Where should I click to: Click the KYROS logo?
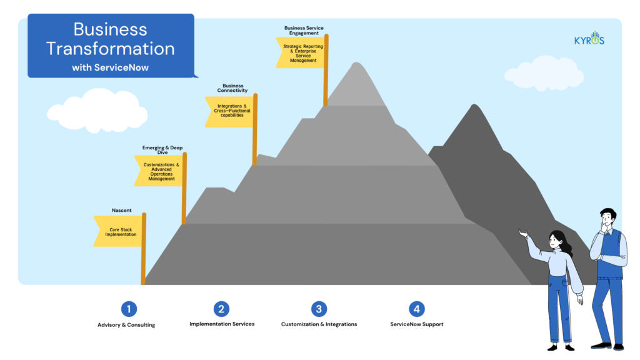(589, 38)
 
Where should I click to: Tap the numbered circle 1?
(129, 309)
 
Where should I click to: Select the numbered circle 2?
(221, 309)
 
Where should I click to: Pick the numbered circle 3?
(319, 309)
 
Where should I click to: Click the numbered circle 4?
(416, 309)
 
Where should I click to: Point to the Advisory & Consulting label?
(126, 325)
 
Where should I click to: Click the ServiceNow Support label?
(417, 324)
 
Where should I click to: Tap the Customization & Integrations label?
(319, 324)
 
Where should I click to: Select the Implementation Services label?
(222, 324)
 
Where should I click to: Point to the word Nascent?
(122, 210)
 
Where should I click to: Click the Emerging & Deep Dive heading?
(162, 150)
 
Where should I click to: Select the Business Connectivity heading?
(232, 87)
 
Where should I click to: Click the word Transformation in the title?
(110, 49)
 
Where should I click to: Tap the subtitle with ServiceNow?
(110, 67)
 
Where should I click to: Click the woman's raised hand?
(523, 233)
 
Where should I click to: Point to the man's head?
(607, 217)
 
